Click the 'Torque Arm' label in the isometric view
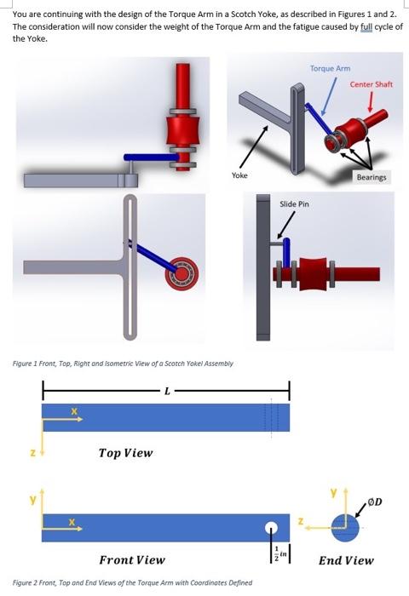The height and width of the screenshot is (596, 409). point(330,68)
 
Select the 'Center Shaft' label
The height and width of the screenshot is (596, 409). point(370,84)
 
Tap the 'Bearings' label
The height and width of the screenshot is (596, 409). point(371,177)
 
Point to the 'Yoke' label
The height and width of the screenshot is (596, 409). point(239,175)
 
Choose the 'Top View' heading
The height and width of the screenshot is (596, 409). point(125,452)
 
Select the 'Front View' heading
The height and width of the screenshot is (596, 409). point(132,559)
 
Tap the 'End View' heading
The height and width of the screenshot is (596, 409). point(346,559)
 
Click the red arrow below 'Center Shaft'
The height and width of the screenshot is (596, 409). point(370,102)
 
